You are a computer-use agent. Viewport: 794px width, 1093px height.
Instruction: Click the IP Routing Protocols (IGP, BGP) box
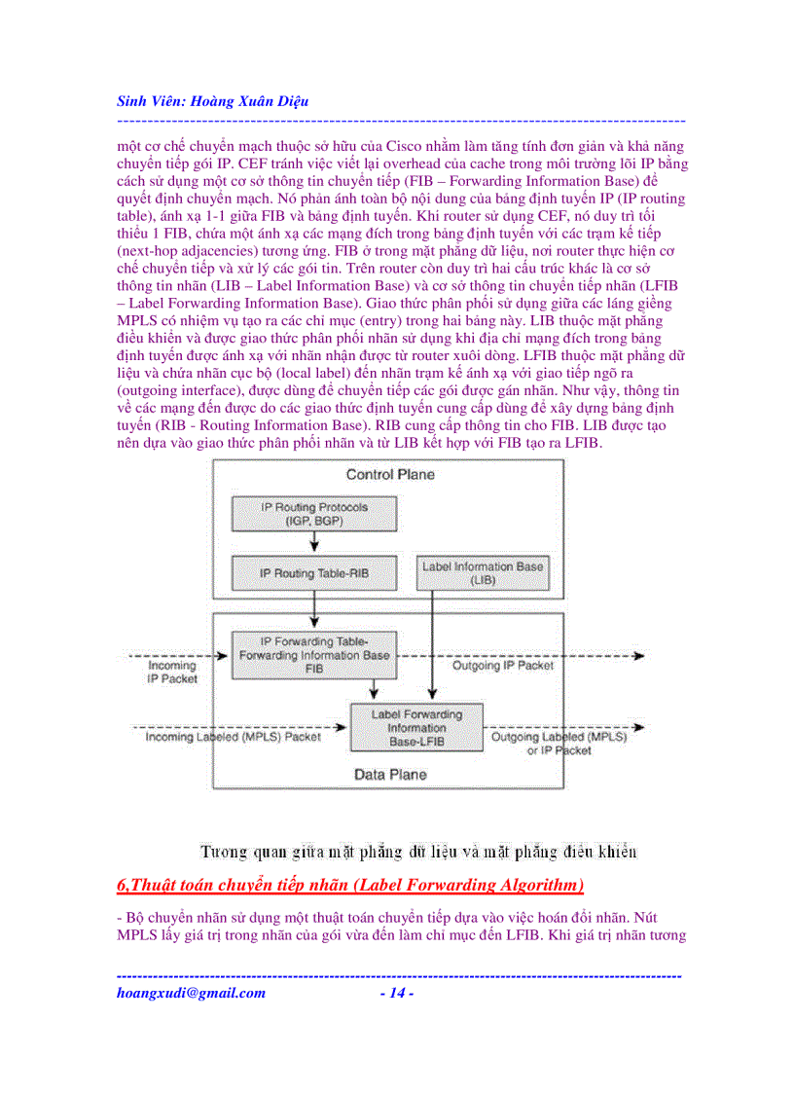coord(301,514)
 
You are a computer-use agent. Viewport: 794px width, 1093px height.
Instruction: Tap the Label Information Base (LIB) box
coord(482,572)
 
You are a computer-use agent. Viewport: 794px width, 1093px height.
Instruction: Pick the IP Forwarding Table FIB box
coord(313,655)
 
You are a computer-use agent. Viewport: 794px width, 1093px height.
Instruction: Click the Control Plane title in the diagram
coord(389,475)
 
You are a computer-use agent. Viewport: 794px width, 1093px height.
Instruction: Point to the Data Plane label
coord(389,776)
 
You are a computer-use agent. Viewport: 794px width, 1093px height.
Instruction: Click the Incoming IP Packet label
coord(171,673)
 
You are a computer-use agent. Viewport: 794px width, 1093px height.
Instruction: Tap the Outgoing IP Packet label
coord(502,667)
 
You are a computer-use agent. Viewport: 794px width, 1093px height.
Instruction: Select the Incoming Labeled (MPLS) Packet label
coord(233,738)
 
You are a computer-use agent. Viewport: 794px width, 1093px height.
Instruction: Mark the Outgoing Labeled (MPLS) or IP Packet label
coord(559,744)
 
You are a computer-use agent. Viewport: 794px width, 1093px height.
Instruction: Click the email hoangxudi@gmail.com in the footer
coord(191,994)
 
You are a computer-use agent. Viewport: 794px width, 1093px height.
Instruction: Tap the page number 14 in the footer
coord(397,994)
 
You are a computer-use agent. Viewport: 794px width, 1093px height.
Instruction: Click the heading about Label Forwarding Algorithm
coord(350,885)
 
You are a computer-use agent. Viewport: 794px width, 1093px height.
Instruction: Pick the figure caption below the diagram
coord(418,853)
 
